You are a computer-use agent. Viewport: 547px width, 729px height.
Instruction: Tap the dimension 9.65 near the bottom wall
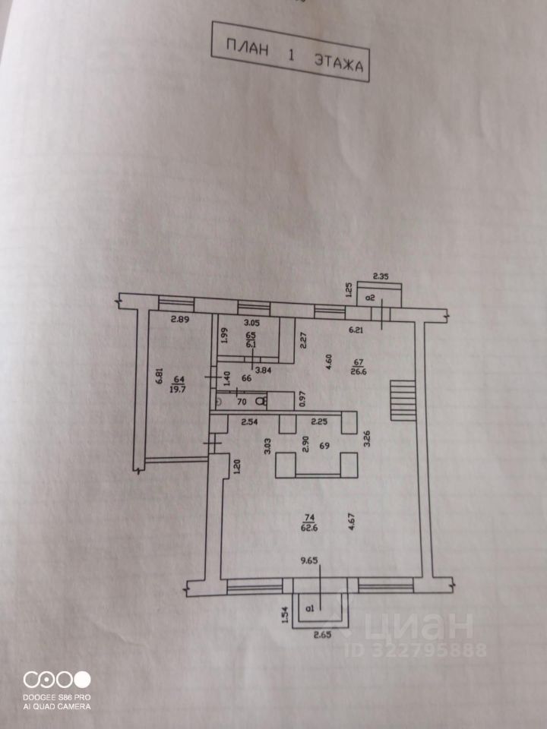(308, 562)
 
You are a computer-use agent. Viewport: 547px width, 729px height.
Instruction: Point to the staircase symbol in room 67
(403, 401)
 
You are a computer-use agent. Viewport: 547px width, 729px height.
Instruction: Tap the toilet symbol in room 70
(261, 400)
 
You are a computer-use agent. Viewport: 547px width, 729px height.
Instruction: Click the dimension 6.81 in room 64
(159, 377)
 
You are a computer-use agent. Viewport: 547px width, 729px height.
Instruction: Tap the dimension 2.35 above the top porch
(381, 276)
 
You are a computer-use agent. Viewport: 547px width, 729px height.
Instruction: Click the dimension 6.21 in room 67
(357, 330)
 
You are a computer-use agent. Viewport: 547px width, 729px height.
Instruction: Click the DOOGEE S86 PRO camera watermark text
(57, 697)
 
